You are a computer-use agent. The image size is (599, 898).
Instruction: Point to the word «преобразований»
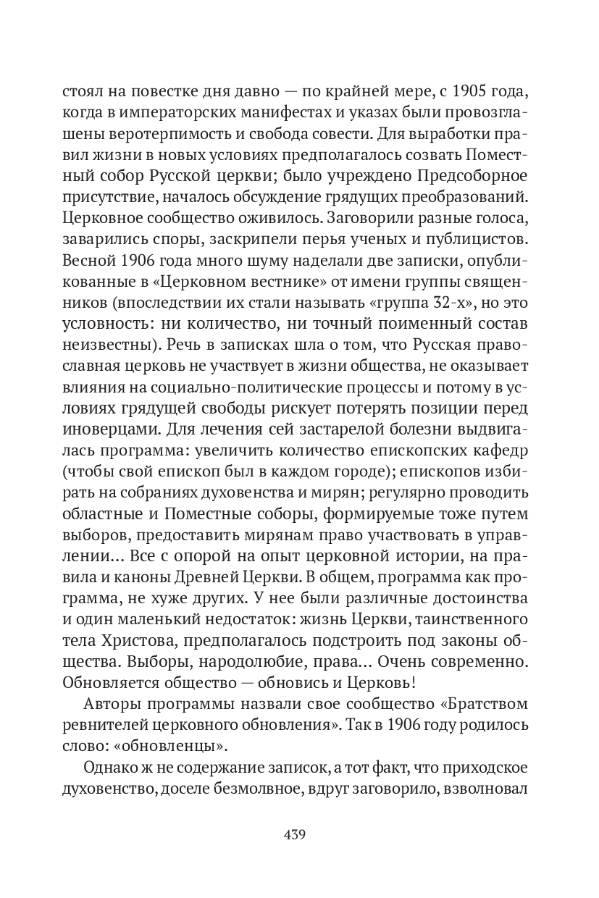(467, 198)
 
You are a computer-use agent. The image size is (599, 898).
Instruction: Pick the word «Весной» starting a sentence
(88, 259)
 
